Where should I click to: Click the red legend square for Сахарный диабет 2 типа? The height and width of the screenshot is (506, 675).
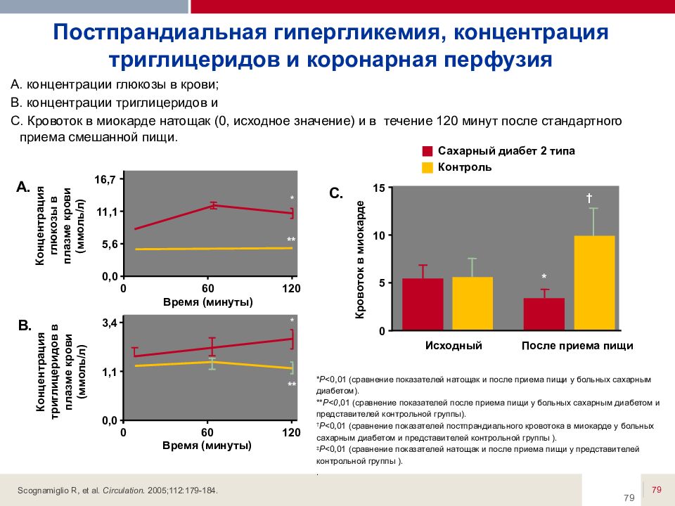click(427, 152)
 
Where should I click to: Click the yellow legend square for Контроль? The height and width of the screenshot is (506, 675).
click(427, 167)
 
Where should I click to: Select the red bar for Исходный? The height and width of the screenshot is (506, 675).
click(423, 304)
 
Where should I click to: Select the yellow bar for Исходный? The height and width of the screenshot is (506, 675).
click(472, 303)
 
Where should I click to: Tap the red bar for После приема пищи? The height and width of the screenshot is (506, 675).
click(544, 313)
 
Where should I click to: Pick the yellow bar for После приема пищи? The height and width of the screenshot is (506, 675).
click(594, 283)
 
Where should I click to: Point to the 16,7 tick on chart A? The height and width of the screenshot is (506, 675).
click(105, 180)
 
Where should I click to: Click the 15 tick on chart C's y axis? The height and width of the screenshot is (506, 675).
click(379, 188)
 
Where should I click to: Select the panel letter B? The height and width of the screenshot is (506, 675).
click(25, 326)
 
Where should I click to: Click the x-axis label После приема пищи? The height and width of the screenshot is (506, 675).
click(577, 346)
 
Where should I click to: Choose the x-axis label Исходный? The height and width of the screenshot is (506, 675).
click(454, 346)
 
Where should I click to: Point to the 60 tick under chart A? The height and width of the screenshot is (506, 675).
click(207, 289)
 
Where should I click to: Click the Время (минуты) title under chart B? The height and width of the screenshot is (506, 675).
click(207, 446)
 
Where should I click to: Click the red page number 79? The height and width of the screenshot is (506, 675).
click(657, 489)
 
